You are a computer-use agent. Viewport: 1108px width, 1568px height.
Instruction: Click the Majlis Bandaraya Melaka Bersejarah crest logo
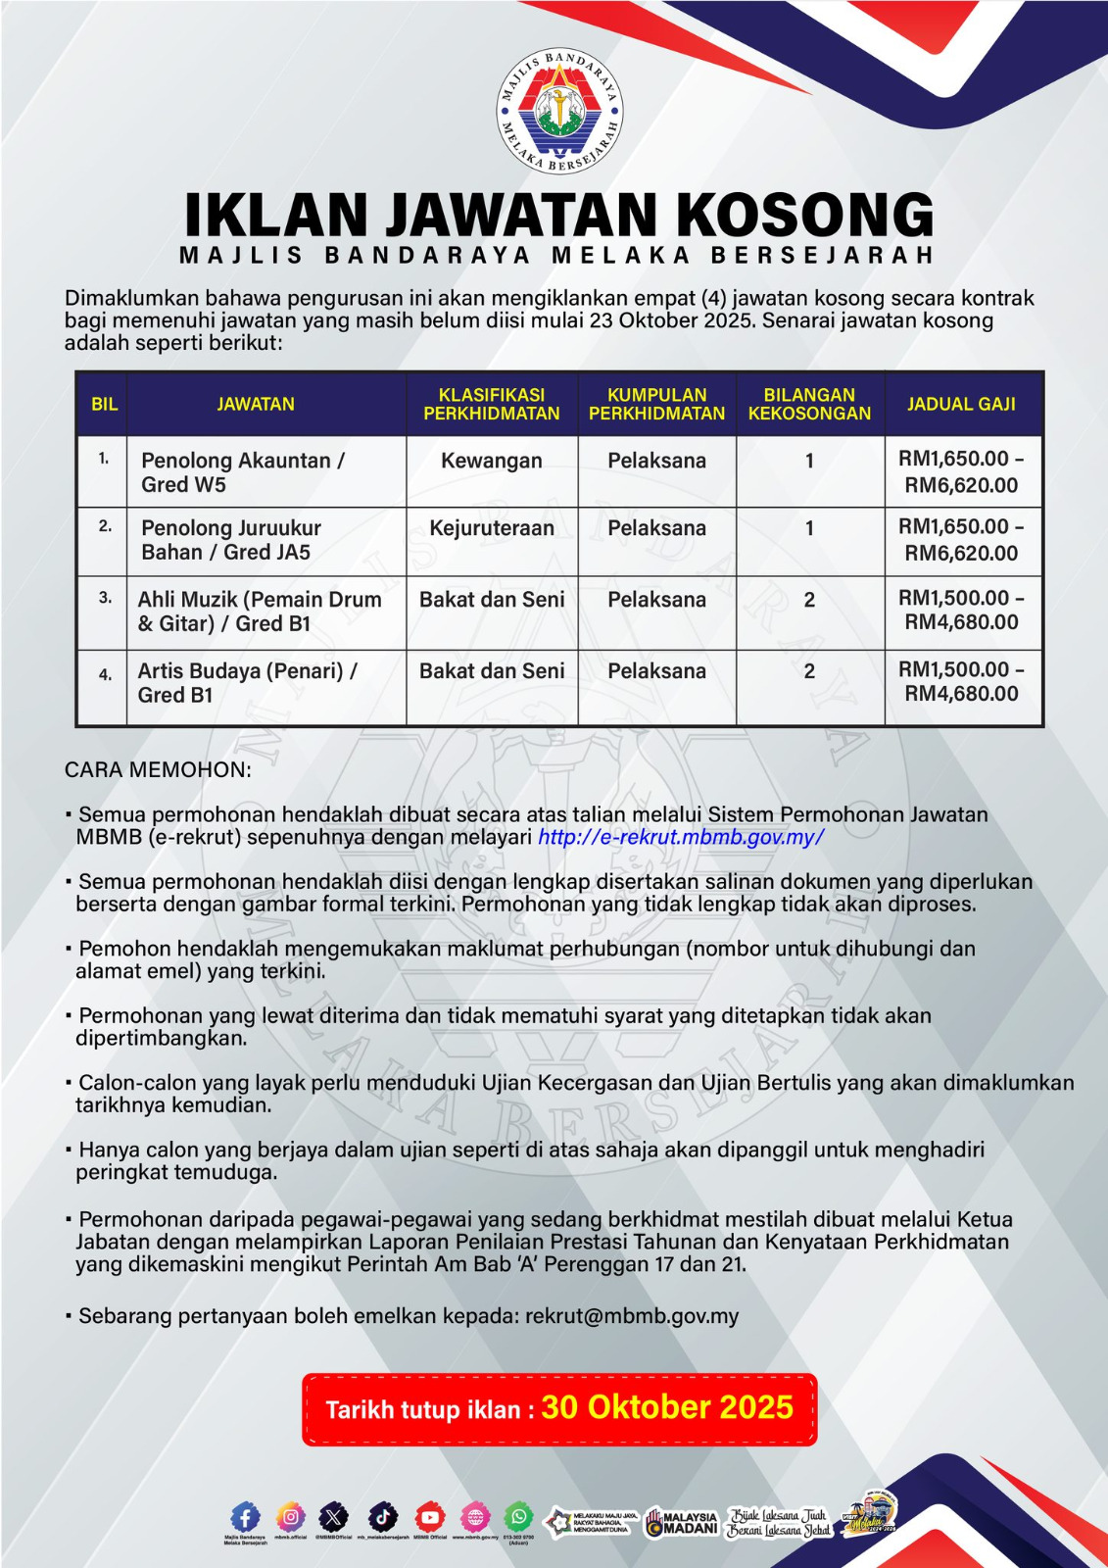point(559,111)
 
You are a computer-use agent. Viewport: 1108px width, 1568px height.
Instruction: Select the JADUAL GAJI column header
point(961,404)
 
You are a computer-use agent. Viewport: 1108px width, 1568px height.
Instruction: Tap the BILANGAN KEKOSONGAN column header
point(809,404)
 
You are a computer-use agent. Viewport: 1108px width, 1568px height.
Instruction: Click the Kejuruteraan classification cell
point(492,528)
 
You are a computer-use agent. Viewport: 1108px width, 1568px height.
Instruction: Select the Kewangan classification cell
point(492,461)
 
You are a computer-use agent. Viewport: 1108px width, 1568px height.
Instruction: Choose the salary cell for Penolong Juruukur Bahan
point(961,540)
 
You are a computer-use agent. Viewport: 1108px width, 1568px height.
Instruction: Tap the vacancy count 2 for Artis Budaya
point(809,671)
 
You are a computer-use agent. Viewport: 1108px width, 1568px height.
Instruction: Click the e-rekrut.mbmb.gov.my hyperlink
point(681,837)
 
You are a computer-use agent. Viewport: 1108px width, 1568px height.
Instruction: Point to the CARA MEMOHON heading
point(158,769)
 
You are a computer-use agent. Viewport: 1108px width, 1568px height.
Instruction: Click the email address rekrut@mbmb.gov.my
point(632,1315)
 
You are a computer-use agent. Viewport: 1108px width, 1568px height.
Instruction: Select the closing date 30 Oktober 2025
point(667,1407)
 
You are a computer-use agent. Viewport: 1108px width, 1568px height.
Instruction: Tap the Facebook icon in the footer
point(245,1518)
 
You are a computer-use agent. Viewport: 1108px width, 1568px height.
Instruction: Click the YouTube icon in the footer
point(429,1517)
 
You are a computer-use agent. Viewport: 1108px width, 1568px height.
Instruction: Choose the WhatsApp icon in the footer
point(519,1517)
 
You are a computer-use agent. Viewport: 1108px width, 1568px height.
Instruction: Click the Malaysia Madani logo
point(682,1522)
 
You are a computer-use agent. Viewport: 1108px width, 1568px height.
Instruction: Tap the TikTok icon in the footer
point(383,1517)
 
